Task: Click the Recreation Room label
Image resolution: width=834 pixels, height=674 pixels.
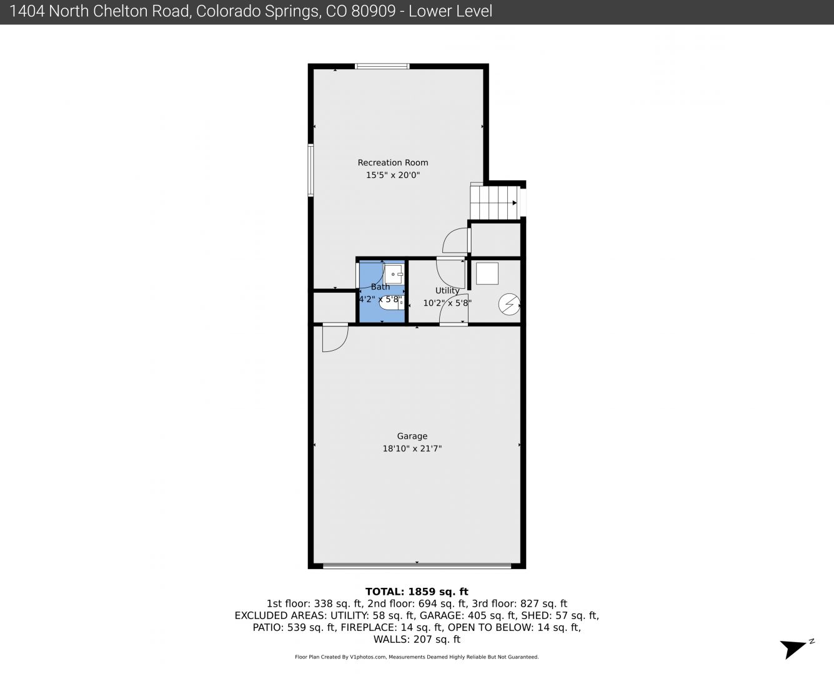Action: (393, 162)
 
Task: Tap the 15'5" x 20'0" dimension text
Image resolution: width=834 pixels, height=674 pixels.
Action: (393, 175)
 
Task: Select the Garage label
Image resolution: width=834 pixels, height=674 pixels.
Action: (412, 436)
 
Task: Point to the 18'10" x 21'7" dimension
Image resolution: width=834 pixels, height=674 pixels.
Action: (412, 448)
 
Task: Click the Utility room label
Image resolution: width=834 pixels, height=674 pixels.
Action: (447, 291)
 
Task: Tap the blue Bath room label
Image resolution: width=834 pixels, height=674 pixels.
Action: (380, 286)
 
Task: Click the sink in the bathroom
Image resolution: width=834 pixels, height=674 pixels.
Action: (394, 274)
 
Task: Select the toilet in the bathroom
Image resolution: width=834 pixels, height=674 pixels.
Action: (392, 303)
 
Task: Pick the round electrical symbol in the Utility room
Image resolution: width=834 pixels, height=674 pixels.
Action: (509, 304)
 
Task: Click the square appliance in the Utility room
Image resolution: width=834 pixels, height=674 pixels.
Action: (487, 273)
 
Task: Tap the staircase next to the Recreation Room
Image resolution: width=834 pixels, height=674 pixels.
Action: (495, 202)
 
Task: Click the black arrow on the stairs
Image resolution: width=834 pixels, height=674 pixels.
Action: (515, 203)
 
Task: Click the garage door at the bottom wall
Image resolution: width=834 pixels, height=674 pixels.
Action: (417, 565)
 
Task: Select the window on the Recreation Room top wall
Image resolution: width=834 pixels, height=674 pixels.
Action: (382, 66)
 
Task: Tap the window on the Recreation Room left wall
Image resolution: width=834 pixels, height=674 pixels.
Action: (310, 170)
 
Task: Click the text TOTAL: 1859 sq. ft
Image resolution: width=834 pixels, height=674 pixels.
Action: (417, 592)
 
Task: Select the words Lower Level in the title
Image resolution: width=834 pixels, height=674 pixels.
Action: (450, 11)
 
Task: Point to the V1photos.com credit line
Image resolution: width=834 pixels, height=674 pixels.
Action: (417, 657)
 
